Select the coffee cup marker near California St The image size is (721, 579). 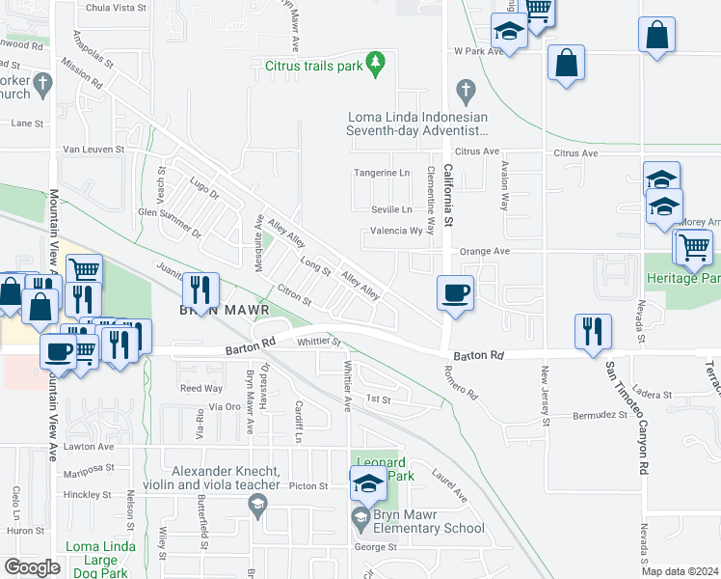454,292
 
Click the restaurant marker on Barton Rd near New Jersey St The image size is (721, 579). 588,331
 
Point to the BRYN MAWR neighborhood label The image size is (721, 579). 215,311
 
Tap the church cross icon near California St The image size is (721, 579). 466,94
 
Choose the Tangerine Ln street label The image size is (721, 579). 383,173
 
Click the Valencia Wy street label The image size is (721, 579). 397,232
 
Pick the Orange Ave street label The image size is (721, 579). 484,251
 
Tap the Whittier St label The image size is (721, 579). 320,341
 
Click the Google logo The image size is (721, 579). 33,567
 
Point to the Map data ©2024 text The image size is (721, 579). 679,571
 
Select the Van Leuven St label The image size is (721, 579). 93,150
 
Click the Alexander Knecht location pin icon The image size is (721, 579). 257,503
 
